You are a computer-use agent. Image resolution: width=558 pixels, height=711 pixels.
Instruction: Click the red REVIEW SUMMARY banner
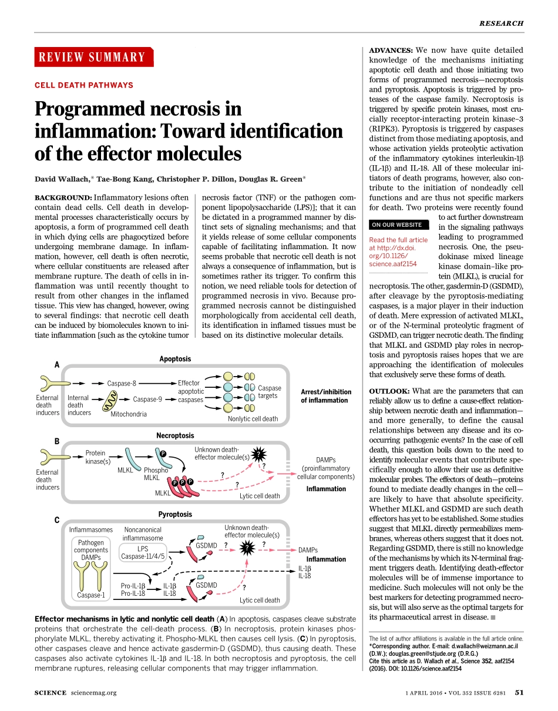tap(93, 57)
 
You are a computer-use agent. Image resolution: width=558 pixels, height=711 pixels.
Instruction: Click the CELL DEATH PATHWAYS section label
tap(84, 85)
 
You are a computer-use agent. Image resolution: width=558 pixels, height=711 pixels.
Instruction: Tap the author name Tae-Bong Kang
tap(127, 179)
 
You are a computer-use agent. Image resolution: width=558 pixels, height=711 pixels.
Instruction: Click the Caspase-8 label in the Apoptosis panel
tap(122, 383)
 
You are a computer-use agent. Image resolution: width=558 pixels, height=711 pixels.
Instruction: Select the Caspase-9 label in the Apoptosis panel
tap(147, 400)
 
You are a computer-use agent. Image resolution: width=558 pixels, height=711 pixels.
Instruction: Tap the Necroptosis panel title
tap(175, 435)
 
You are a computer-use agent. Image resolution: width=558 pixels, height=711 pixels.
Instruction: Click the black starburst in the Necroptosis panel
tap(259, 453)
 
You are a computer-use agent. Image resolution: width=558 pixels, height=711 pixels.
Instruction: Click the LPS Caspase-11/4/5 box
tap(143, 552)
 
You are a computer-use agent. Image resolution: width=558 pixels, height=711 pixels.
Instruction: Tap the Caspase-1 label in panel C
tap(90, 595)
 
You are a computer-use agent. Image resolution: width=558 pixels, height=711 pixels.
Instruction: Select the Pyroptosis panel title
tap(175, 514)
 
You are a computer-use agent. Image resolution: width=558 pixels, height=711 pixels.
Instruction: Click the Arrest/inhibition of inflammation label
tap(325, 396)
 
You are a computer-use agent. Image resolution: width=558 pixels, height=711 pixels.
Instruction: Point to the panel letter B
tap(57, 441)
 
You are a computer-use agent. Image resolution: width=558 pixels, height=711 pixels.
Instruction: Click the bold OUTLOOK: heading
tap(389, 391)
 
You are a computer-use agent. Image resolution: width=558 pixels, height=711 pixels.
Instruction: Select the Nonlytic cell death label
tap(253, 419)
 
